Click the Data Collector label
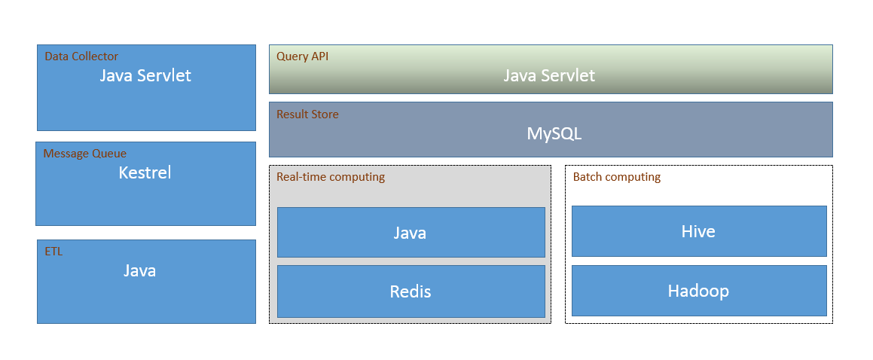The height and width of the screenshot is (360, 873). (x=81, y=56)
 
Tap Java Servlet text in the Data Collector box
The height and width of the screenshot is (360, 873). (x=145, y=75)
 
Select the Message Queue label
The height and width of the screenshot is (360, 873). (x=85, y=154)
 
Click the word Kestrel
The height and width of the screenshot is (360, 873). (x=145, y=172)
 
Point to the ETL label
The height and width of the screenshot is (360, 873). (x=53, y=252)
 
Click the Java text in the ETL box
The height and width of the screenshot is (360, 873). (x=139, y=271)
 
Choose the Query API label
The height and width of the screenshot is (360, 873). (x=302, y=56)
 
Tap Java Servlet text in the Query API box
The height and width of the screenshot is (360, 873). (x=549, y=75)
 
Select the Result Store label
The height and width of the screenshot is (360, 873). (x=307, y=114)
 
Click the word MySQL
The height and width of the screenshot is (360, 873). (x=554, y=134)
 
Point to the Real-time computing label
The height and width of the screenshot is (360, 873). (x=331, y=178)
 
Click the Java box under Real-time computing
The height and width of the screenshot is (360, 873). (x=411, y=232)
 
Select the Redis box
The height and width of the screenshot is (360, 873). (x=411, y=291)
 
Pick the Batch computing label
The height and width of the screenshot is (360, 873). (x=616, y=178)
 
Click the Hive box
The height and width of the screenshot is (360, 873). (x=699, y=231)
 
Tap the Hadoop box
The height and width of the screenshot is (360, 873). (x=699, y=291)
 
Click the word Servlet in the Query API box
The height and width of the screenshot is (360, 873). (x=568, y=75)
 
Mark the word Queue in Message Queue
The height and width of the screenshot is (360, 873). (x=109, y=154)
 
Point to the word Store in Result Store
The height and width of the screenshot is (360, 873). (x=324, y=114)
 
